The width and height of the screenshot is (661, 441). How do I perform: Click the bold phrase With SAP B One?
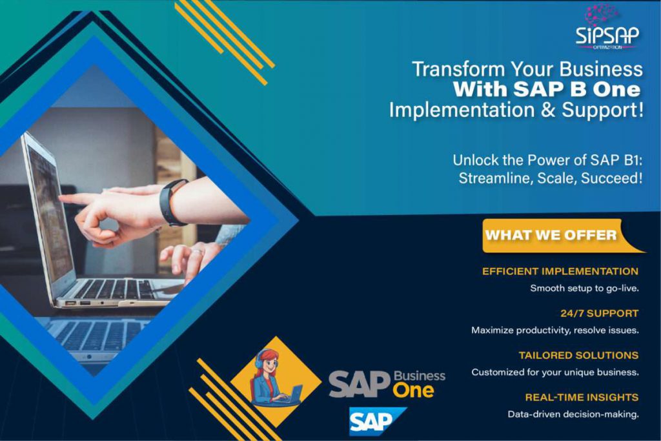[547, 89]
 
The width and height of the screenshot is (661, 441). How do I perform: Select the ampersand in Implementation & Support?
[547, 110]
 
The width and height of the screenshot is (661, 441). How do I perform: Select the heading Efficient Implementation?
[560, 271]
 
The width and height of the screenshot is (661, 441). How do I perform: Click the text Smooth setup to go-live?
[584, 289]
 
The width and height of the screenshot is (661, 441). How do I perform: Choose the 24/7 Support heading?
[599, 313]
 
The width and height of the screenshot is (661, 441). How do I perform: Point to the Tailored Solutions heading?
[578, 355]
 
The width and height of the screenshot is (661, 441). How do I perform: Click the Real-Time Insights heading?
[582, 397]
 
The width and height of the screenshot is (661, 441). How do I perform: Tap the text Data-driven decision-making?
[573, 415]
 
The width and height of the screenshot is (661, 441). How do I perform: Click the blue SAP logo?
[376, 421]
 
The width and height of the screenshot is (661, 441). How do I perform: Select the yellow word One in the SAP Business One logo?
[413, 391]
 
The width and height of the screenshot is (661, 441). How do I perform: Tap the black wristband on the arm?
[173, 202]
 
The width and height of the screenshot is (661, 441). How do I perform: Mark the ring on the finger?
[198, 252]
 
